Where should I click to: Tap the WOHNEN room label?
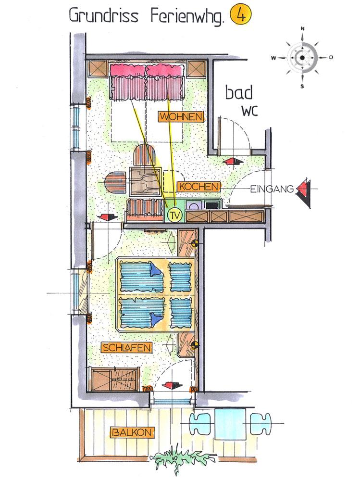pos(181,117)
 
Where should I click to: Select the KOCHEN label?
pos(199,187)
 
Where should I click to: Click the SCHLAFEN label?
pos(126,348)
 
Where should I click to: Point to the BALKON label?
pos(132,433)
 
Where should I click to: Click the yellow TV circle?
pos(175,215)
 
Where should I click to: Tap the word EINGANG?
pos(272,189)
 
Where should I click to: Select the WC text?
pos(249,112)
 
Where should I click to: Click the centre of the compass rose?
pos(302,58)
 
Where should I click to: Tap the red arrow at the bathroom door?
pos(233,161)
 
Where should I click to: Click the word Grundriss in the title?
pos(104,16)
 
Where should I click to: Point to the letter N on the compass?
pos(302,28)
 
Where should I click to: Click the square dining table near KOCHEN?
pos(146,182)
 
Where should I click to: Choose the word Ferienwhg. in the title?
pos(187,16)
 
